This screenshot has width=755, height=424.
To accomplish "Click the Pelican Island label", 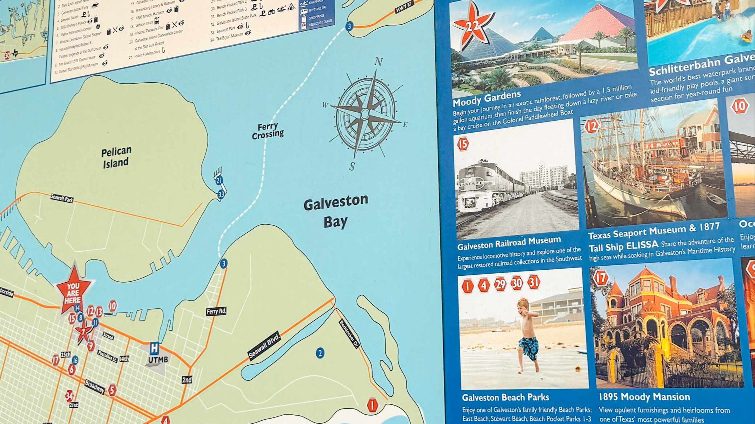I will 116,157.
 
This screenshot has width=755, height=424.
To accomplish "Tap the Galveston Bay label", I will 336,211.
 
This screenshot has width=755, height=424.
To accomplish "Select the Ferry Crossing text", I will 268,131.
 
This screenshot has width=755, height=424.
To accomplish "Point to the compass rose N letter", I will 378,62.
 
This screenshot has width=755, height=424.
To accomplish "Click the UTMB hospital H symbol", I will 155,348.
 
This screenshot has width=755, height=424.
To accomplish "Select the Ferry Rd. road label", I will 216,311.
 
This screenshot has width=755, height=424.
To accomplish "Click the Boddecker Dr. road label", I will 349,333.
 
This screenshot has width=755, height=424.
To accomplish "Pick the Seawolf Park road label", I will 62,198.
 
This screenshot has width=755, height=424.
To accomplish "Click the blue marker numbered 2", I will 320,353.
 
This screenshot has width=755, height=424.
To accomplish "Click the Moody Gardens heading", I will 487,97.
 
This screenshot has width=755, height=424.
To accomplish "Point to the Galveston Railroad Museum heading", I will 509,243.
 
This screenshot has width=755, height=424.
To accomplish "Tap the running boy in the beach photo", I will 526,334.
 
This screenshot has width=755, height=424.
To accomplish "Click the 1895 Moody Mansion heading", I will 644,397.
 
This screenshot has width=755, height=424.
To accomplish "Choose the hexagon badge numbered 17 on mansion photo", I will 600,278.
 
